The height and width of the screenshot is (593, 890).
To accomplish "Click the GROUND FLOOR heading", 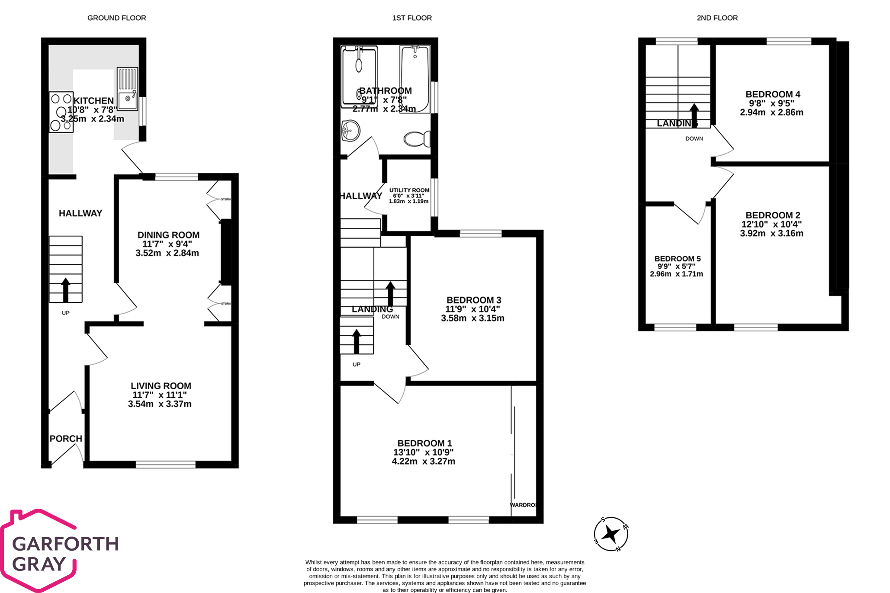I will pos(116,18).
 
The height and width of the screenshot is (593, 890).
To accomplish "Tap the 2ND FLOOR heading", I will pos(717,18).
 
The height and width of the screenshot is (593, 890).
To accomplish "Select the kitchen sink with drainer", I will pos(127,90).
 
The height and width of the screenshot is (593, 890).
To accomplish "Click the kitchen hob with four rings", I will pos(61,112).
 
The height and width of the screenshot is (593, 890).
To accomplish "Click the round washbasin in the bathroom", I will pos(350,130).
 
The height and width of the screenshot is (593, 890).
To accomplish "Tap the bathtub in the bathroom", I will pos(414,79).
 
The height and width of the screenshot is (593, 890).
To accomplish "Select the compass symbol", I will pos(611,534).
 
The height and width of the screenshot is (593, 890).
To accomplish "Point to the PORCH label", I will pos(66,439).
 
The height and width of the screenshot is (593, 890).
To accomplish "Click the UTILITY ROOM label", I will pos(409,190).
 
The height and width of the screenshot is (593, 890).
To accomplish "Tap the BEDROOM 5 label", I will pos(677,259).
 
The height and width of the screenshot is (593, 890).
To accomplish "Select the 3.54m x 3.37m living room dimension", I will pos(160,404).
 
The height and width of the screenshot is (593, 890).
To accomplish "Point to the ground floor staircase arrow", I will pos(65,289).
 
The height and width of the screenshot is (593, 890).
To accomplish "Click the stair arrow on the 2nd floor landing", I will pos(694,115).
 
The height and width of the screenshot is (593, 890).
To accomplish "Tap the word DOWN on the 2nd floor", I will pos(694,138).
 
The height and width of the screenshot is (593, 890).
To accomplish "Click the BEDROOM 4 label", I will pos(773,94).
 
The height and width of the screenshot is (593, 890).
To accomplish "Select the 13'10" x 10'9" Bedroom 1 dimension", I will pos(423,452).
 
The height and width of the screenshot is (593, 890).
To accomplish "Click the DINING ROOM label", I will pos(168,235).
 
